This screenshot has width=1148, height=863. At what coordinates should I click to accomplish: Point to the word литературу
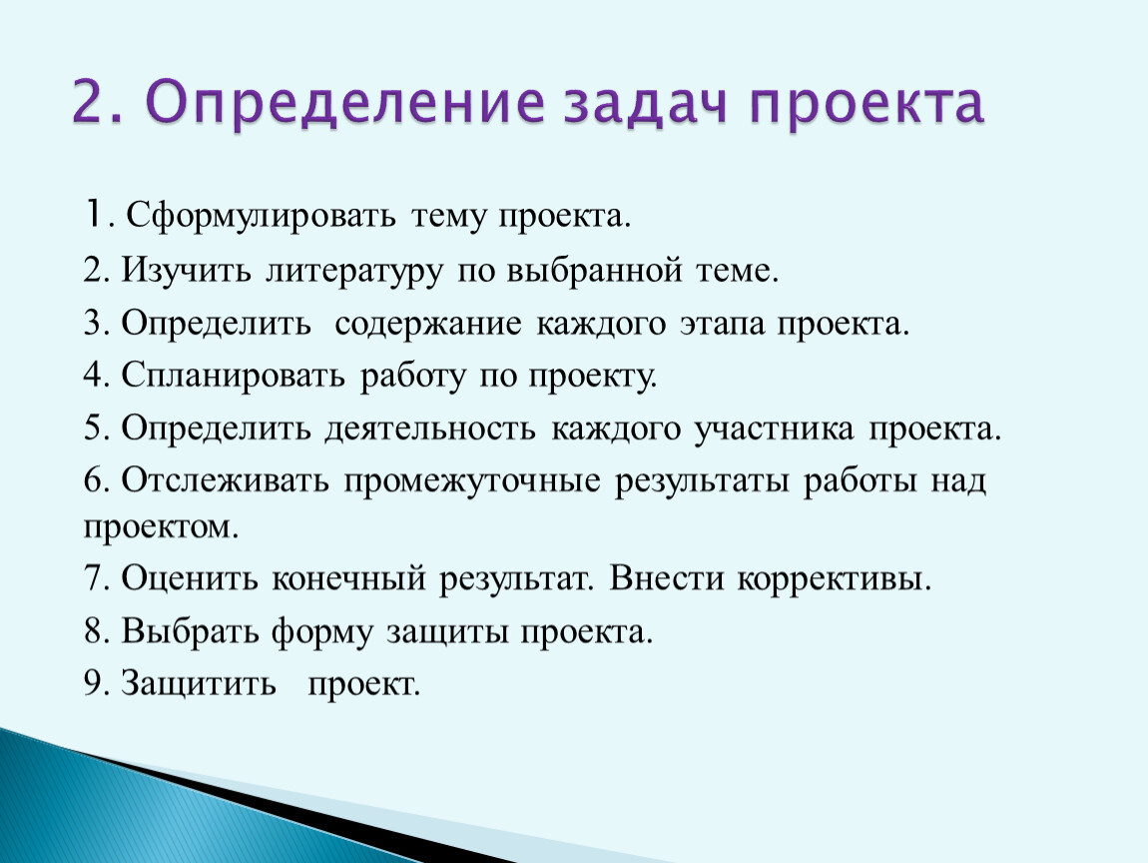[x=354, y=272]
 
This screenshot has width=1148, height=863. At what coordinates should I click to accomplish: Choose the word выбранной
[x=595, y=271]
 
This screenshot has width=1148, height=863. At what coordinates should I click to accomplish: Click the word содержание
[x=428, y=325]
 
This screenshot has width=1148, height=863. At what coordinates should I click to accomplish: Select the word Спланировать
[x=233, y=376]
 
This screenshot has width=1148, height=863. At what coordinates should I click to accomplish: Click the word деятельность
[x=430, y=429]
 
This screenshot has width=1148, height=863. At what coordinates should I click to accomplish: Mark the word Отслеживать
[x=226, y=481]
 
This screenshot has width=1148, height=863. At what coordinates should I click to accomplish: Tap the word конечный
[x=348, y=578]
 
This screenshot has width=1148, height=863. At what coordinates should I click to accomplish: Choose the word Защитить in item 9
[x=199, y=683]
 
